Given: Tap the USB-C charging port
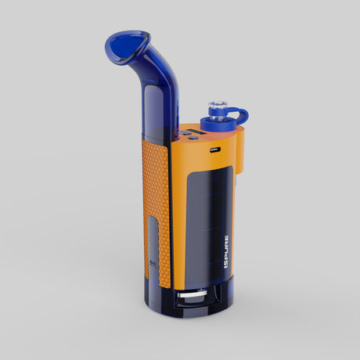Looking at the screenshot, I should tap(215, 146).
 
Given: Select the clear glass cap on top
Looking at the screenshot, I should tap(216, 107).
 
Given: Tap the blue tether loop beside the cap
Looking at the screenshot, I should tap(240, 118).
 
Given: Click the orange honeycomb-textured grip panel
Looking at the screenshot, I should tap(157, 188).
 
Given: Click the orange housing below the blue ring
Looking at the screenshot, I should tap(235, 153).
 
